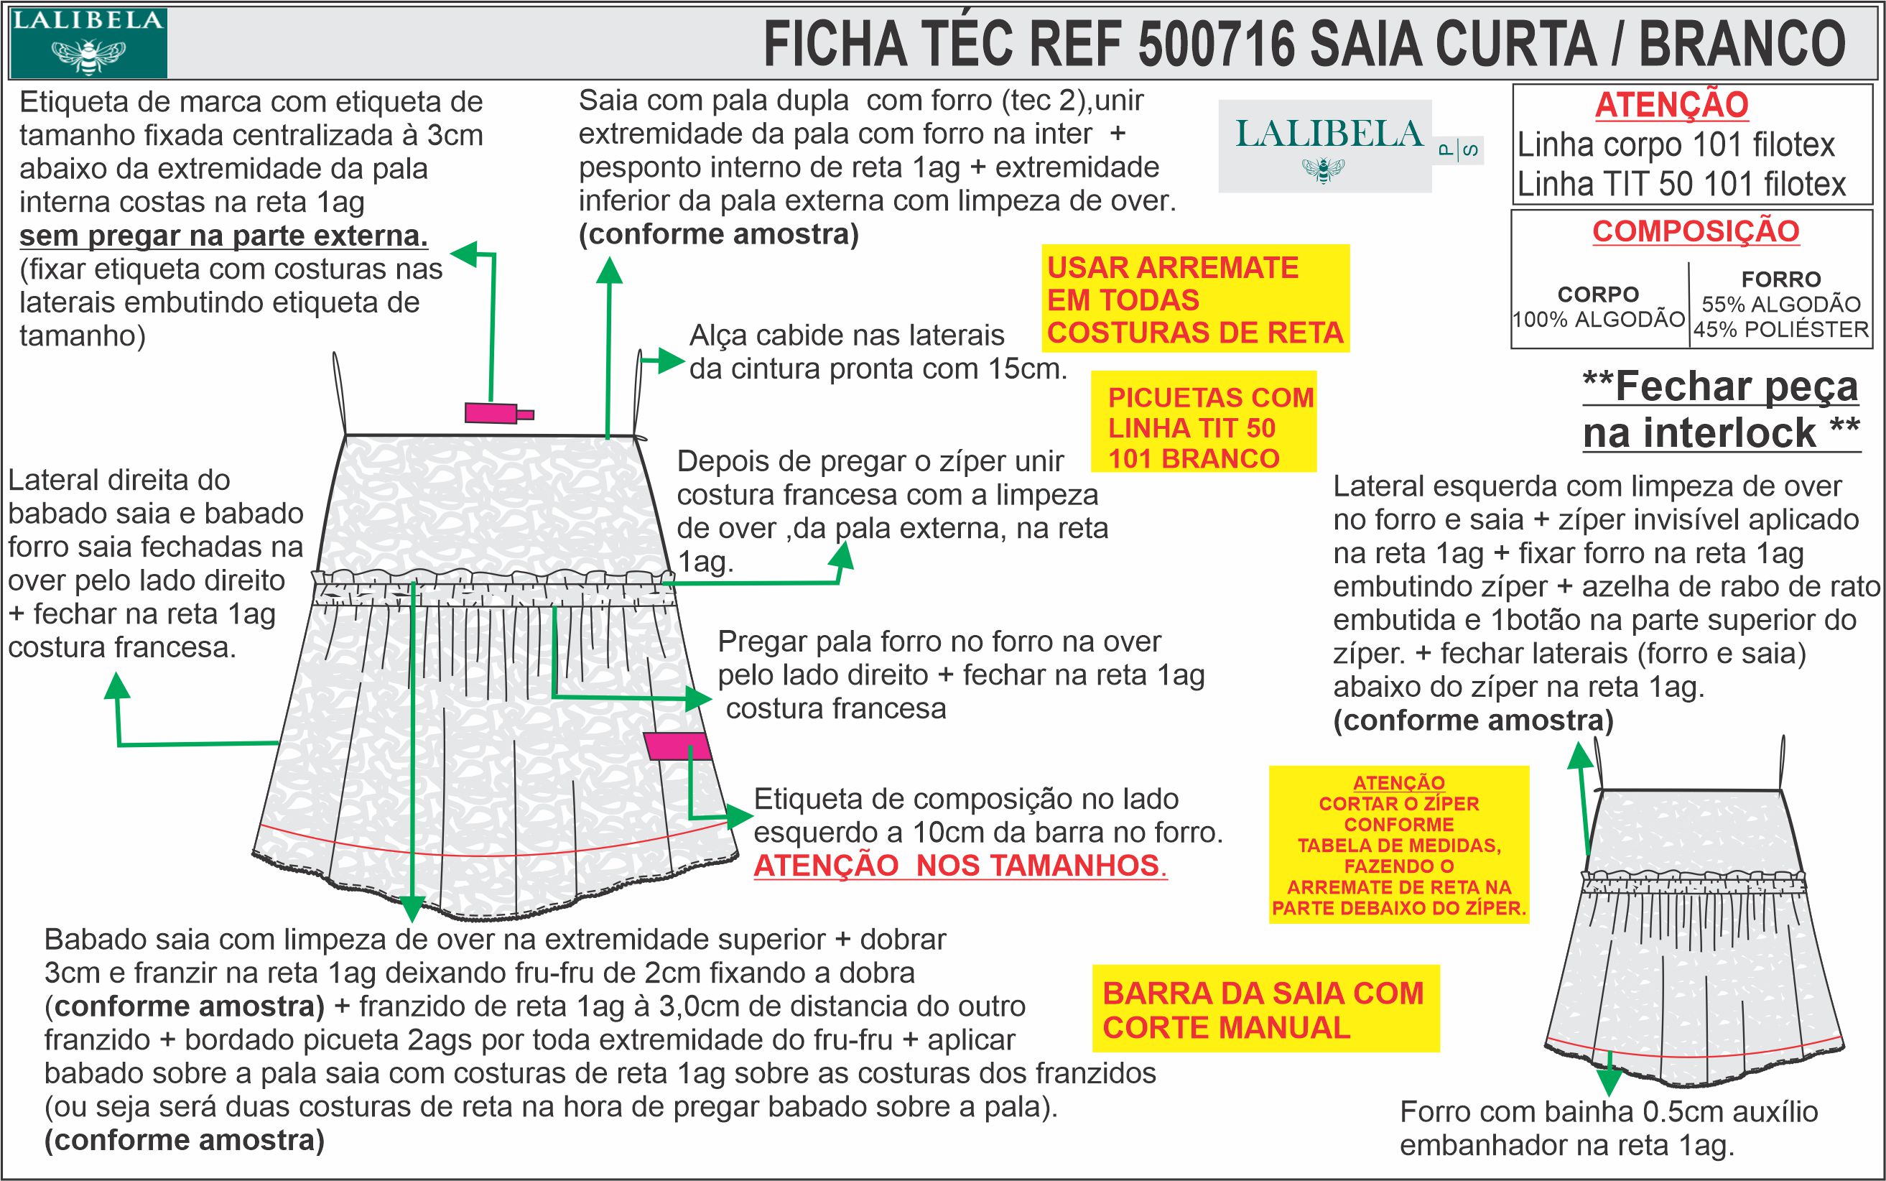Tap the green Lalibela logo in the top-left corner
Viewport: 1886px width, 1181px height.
[88, 42]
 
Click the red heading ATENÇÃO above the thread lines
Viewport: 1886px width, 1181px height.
[1671, 105]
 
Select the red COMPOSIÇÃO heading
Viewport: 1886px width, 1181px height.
[1696, 231]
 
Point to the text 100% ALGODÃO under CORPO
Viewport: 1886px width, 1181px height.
[1598, 320]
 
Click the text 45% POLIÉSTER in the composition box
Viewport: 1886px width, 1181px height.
[1780, 330]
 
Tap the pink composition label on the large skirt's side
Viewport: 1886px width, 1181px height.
[677, 746]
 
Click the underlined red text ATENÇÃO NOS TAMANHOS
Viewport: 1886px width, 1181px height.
[960, 866]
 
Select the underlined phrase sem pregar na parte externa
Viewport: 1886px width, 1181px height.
[223, 236]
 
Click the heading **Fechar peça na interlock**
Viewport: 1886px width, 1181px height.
[1720, 410]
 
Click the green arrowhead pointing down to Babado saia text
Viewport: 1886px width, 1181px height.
[412, 909]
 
